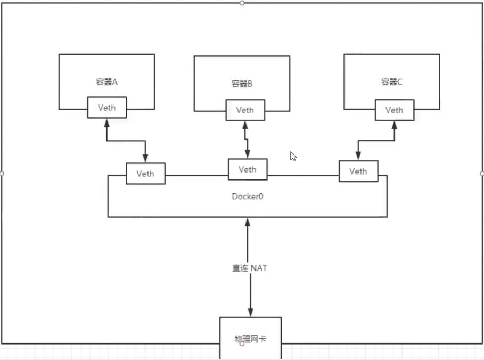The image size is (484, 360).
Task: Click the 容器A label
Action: pyautogui.click(x=106, y=81)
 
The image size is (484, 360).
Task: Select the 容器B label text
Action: pyautogui.click(x=242, y=84)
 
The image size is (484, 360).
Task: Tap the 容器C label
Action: pyautogui.click(x=391, y=81)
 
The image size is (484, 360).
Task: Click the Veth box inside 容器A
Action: pyautogui.click(x=106, y=107)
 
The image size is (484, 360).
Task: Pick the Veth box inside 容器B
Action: pyautogui.click(x=245, y=110)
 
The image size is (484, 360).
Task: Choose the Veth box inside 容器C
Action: pyautogui.click(x=394, y=110)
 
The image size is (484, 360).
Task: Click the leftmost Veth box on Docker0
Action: pyautogui.click(x=145, y=174)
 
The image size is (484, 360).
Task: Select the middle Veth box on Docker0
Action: pyautogui.click(x=247, y=169)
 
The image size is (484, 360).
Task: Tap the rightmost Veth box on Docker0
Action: pyautogui.click(x=358, y=171)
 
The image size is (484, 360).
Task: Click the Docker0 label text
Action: pyautogui.click(x=248, y=196)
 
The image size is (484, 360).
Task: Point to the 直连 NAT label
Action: pyautogui.click(x=249, y=268)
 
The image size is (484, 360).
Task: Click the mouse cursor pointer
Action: pyautogui.click(x=292, y=156)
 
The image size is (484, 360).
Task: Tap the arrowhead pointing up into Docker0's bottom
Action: pyautogui.click(x=248, y=222)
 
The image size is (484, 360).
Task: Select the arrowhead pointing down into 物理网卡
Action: pyautogui.click(x=250, y=312)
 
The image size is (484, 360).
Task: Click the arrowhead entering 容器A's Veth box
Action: pyautogui.click(x=106, y=122)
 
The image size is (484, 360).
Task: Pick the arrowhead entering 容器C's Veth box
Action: pyautogui.click(x=395, y=125)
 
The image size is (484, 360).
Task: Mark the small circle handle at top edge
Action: pyautogui.click(x=242, y=3)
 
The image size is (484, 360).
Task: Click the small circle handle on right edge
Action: pyautogui.click(x=482, y=174)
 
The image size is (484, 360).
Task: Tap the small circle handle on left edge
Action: pyautogui.click(x=2, y=174)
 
